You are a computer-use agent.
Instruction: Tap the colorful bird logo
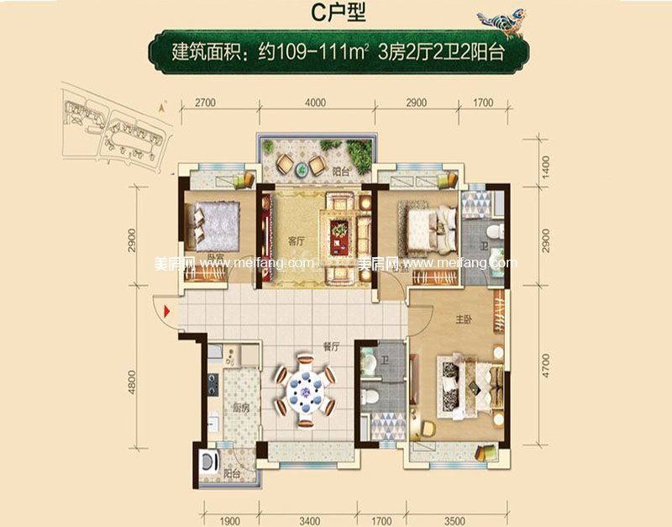click(x=501, y=20)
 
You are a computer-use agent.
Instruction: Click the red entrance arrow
click(x=171, y=314)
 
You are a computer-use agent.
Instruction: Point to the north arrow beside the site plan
click(x=160, y=106)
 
